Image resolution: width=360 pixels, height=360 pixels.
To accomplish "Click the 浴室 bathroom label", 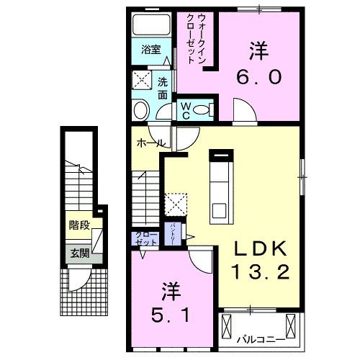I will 150,50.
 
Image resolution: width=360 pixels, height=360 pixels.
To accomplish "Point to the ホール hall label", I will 149,143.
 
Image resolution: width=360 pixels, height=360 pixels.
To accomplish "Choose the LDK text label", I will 260,249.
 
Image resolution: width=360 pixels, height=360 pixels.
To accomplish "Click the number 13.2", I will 260,272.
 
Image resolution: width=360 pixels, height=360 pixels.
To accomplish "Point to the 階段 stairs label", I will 79,225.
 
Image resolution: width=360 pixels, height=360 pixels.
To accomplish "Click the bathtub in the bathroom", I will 150,25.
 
